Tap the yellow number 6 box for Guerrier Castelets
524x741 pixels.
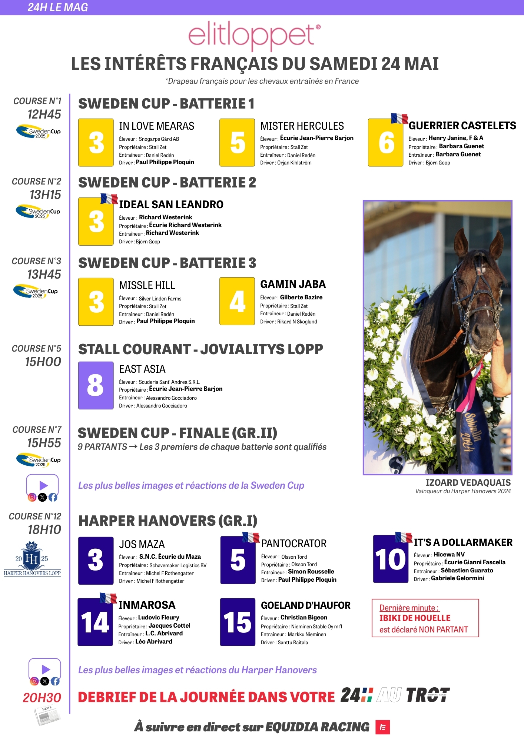coord(385,143)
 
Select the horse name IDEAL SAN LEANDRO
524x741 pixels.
coord(171,205)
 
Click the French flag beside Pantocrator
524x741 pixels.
coord(251,537)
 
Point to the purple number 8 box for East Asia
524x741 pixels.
coord(96,385)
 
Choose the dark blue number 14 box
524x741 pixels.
coord(95,622)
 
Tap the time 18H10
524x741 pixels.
coord(44,530)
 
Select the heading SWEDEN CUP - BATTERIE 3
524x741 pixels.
coord(167,263)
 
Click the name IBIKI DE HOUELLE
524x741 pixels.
coord(415,618)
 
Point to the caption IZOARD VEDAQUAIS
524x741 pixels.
coord(468,482)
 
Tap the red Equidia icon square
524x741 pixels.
coord(382,727)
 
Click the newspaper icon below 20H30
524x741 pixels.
coord(47,715)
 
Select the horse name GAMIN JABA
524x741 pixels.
coord(293,284)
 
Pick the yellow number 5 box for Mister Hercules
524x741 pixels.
coord(237,143)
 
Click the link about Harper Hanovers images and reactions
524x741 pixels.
coord(197,670)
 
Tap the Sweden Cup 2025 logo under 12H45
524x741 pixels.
coord(39,132)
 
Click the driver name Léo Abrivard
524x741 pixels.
coord(154,641)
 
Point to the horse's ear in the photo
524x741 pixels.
coord(497,243)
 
